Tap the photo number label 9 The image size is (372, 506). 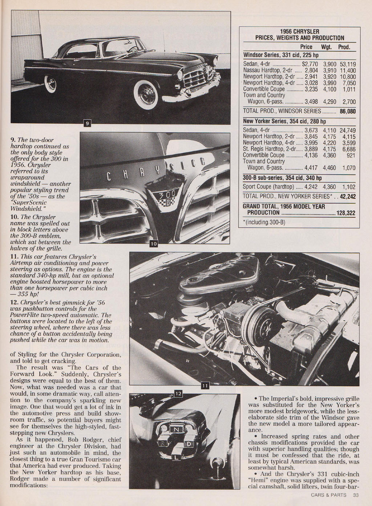coord(87,123)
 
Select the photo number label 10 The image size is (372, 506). coord(154,244)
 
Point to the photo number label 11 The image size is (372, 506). coord(205,387)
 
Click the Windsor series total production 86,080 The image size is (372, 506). coord(348,111)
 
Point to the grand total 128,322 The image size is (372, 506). coord(346,213)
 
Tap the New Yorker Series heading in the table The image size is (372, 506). coord(284,121)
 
